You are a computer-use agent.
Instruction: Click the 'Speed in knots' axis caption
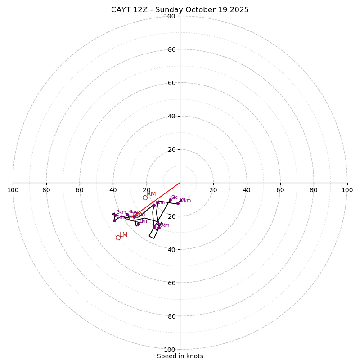tap(180, 356)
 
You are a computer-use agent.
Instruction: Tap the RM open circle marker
tap(145, 198)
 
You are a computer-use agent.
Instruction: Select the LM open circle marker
tap(118, 238)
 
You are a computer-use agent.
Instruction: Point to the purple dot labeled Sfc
tap(170, 200)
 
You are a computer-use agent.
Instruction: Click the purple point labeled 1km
tap(138, 224)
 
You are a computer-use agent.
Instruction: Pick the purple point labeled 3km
tap(115, 215)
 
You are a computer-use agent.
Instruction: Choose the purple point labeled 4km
tap(127, 215)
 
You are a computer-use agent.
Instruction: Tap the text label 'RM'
tap(151, 194)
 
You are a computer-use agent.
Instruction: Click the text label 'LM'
tap(123, 234)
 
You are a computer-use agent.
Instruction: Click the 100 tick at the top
tap(169, 16)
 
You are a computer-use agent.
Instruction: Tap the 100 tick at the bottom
tap(169, 349)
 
